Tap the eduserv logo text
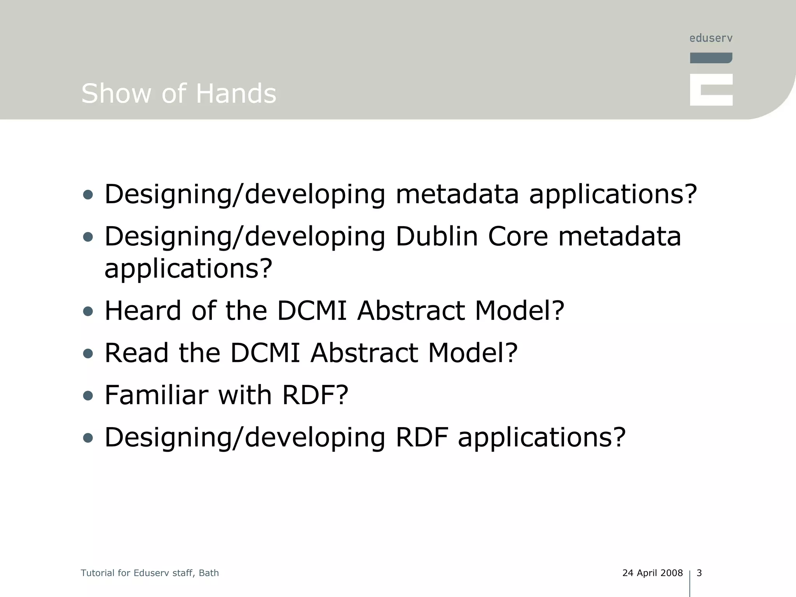click(x=711, y=38)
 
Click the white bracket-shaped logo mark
click(x=711, y=90)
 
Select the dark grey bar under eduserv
click(x=711, y=58)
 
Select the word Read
click(x=136, y=353)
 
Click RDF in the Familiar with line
click(x=314, y=395)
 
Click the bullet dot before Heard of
click(x=88, y=311)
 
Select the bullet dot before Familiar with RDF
click(x=88, y=396)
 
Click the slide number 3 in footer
click(x=699, y=573)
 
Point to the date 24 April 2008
click(x=652, y=573)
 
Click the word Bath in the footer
click(x=209, y=573)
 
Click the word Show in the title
click(x=116, y=94)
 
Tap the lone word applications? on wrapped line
click(x=189, y=269)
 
